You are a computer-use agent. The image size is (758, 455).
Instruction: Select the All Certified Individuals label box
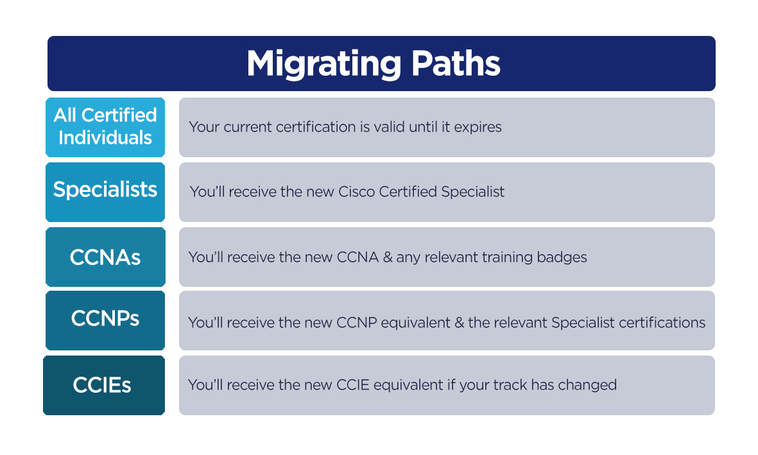[105, 127]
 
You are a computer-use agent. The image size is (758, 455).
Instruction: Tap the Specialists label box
[105, 190]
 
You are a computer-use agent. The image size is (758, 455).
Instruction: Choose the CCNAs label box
[105, 257]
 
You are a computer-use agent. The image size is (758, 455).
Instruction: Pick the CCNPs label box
[105, 319]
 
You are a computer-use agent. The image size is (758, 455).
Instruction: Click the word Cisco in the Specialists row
[359, 192]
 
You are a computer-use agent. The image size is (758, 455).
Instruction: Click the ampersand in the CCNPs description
[459, 323]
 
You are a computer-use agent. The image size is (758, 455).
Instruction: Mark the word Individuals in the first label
[105, 138]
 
